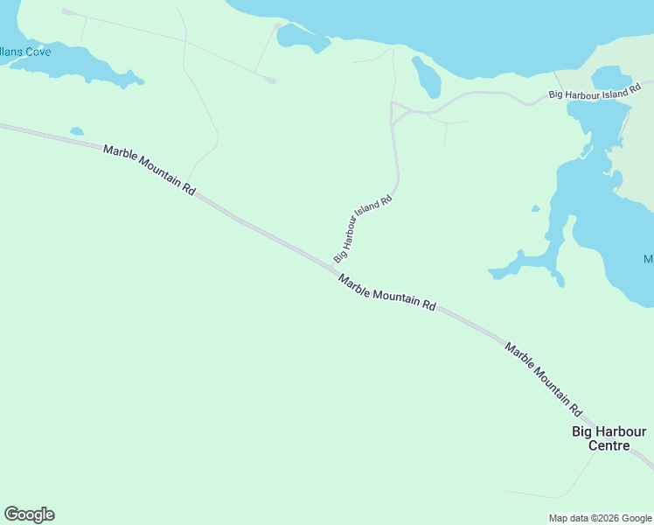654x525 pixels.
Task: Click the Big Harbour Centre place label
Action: click(x=609, y=438)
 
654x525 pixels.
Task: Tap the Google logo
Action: click(x=29, y=514)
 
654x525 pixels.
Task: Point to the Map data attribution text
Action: click(x=600, y=518)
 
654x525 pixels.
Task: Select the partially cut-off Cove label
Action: click(x=25, y=52)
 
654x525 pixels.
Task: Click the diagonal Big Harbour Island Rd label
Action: click(x=362, y=228)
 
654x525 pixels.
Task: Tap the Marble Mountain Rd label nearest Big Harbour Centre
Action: click(x=543, y=378)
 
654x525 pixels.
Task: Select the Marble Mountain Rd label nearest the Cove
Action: click(x=149, y=169)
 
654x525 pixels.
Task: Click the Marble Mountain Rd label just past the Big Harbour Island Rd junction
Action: click(x=386, y=292)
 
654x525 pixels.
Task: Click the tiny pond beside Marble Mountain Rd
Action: click(x=77, y=132)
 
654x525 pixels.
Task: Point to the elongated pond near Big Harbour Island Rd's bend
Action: click(x=427, y=77)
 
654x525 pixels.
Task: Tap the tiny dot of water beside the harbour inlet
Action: click(x=535, y=208)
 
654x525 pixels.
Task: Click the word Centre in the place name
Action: click(x=609, y=445)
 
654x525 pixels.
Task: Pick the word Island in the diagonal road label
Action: click(x=367, y=216)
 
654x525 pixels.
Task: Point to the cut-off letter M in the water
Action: click(x=649, y=259)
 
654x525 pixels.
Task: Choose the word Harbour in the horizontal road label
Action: click(x=588, y=94)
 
